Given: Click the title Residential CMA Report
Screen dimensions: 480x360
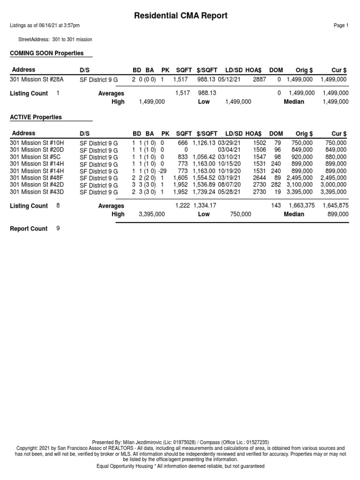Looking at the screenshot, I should pyautogui.click(x=181, y=15).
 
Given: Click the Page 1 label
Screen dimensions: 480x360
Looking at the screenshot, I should pyautogui.click(x=341, y=26).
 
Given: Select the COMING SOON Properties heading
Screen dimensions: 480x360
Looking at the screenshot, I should pyautogui.click(x=47, y=53).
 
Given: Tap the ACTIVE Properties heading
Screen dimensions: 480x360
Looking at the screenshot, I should pyautogui.click(x=36, y=117).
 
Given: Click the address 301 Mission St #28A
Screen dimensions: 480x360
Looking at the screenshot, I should pyautogui.click(x=37, y=80).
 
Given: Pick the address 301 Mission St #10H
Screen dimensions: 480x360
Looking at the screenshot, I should pyautogui.click(x=37, y=142).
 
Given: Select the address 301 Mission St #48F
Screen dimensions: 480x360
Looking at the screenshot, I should pyautogui.click(x=37, y=178).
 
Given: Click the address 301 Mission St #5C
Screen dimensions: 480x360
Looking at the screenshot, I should pyautogui.click(x=35, y=157).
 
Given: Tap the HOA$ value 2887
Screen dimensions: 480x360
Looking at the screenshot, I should pyautogui.click(x=259, y=80).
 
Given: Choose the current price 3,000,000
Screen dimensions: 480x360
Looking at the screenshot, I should pyautogui.click(x=334, y=185).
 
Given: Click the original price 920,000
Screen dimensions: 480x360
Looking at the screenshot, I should pyautogui.click(x=302, y=157).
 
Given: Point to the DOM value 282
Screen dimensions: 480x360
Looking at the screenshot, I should pyautogui.click(x=276, y=185).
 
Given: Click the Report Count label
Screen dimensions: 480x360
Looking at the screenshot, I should pyautogui.click(x=29, y=229).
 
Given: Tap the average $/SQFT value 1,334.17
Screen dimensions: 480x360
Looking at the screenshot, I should pyautogui.click(x=204, y=206).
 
